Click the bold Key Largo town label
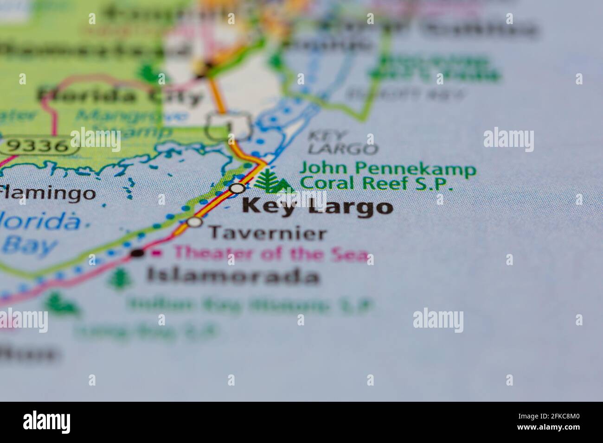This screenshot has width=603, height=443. (317, 206)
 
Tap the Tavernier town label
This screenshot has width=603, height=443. (268, 233)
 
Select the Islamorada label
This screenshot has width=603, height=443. (233, 276)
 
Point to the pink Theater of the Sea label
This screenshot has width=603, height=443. (271, 254)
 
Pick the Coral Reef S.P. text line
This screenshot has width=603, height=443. (376, 184)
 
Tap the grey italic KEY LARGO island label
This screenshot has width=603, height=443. (342, 143)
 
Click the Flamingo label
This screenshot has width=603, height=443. (48, 192)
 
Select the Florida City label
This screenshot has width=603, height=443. (121, 96)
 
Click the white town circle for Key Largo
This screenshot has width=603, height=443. (237, 188)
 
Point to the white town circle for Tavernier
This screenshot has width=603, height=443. (195, 222)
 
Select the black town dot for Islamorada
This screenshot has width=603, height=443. (137, 253)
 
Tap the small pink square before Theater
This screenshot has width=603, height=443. (158, 253)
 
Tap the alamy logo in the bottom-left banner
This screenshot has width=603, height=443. (47, 421)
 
